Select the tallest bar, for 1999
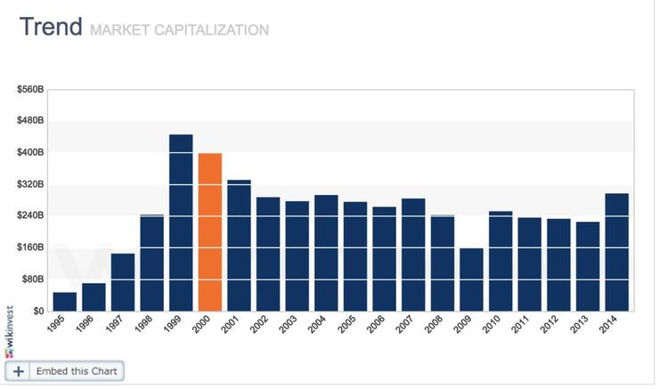click(181, 223)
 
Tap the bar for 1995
click(65, 301)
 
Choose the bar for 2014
click(616, 252)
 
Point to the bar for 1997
click(123, 281)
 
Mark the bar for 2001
click(239, 245)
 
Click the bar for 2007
click(413, 255)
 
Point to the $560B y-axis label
click(31, 89)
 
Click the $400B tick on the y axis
click(31, 152)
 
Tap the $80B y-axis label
click(33, 279)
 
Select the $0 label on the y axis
click(38, 311)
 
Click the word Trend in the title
click(52, 27)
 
